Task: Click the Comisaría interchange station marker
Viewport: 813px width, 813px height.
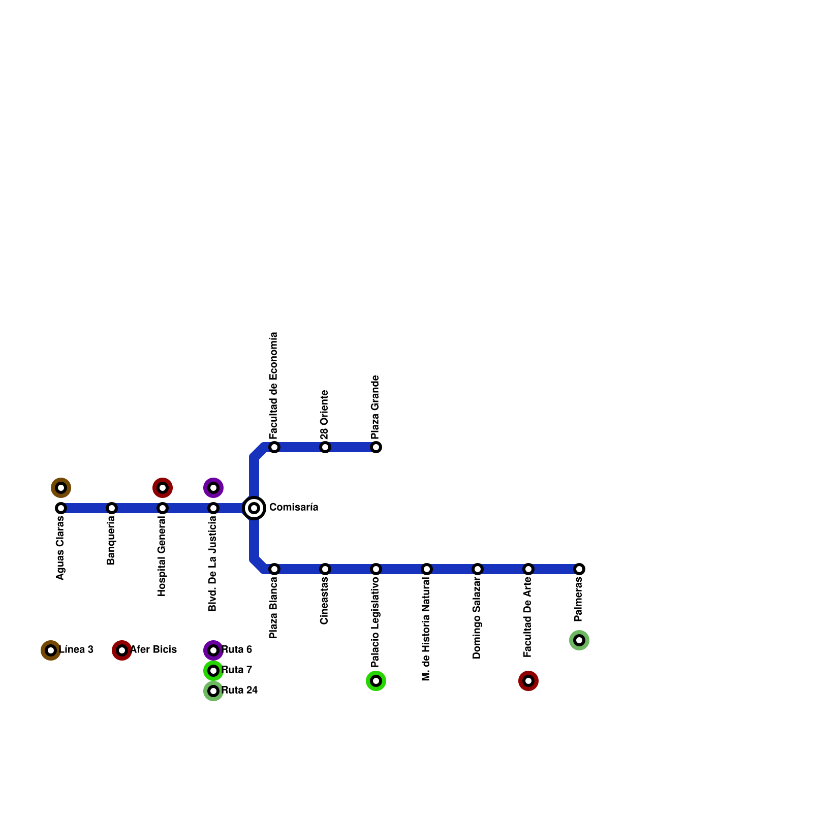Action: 254,508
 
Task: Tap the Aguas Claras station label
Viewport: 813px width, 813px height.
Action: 61,548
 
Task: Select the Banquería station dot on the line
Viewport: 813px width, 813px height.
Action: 112,508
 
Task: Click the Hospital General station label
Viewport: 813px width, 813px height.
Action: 163,556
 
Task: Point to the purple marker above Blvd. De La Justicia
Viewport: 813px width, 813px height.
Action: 213,488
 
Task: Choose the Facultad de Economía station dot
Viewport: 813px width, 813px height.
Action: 274,447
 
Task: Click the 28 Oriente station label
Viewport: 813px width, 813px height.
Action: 325,415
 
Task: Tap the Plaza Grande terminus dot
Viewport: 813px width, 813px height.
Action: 376,447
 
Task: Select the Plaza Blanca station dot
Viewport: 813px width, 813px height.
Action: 274,569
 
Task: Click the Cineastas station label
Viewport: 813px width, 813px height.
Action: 325,601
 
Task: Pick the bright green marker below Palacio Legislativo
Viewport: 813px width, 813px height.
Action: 376,681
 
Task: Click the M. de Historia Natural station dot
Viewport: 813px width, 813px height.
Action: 427,569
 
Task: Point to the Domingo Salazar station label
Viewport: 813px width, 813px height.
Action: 478,618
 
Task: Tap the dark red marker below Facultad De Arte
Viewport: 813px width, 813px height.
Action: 528,681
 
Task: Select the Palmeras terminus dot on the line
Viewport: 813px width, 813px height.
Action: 579,569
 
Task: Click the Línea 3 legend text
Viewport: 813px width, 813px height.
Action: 76,650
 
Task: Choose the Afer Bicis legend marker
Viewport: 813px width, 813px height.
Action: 122,650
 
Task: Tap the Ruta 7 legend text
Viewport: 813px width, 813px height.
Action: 237,670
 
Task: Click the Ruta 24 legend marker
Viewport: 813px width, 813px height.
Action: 213,691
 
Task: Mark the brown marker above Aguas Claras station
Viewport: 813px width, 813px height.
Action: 61,488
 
